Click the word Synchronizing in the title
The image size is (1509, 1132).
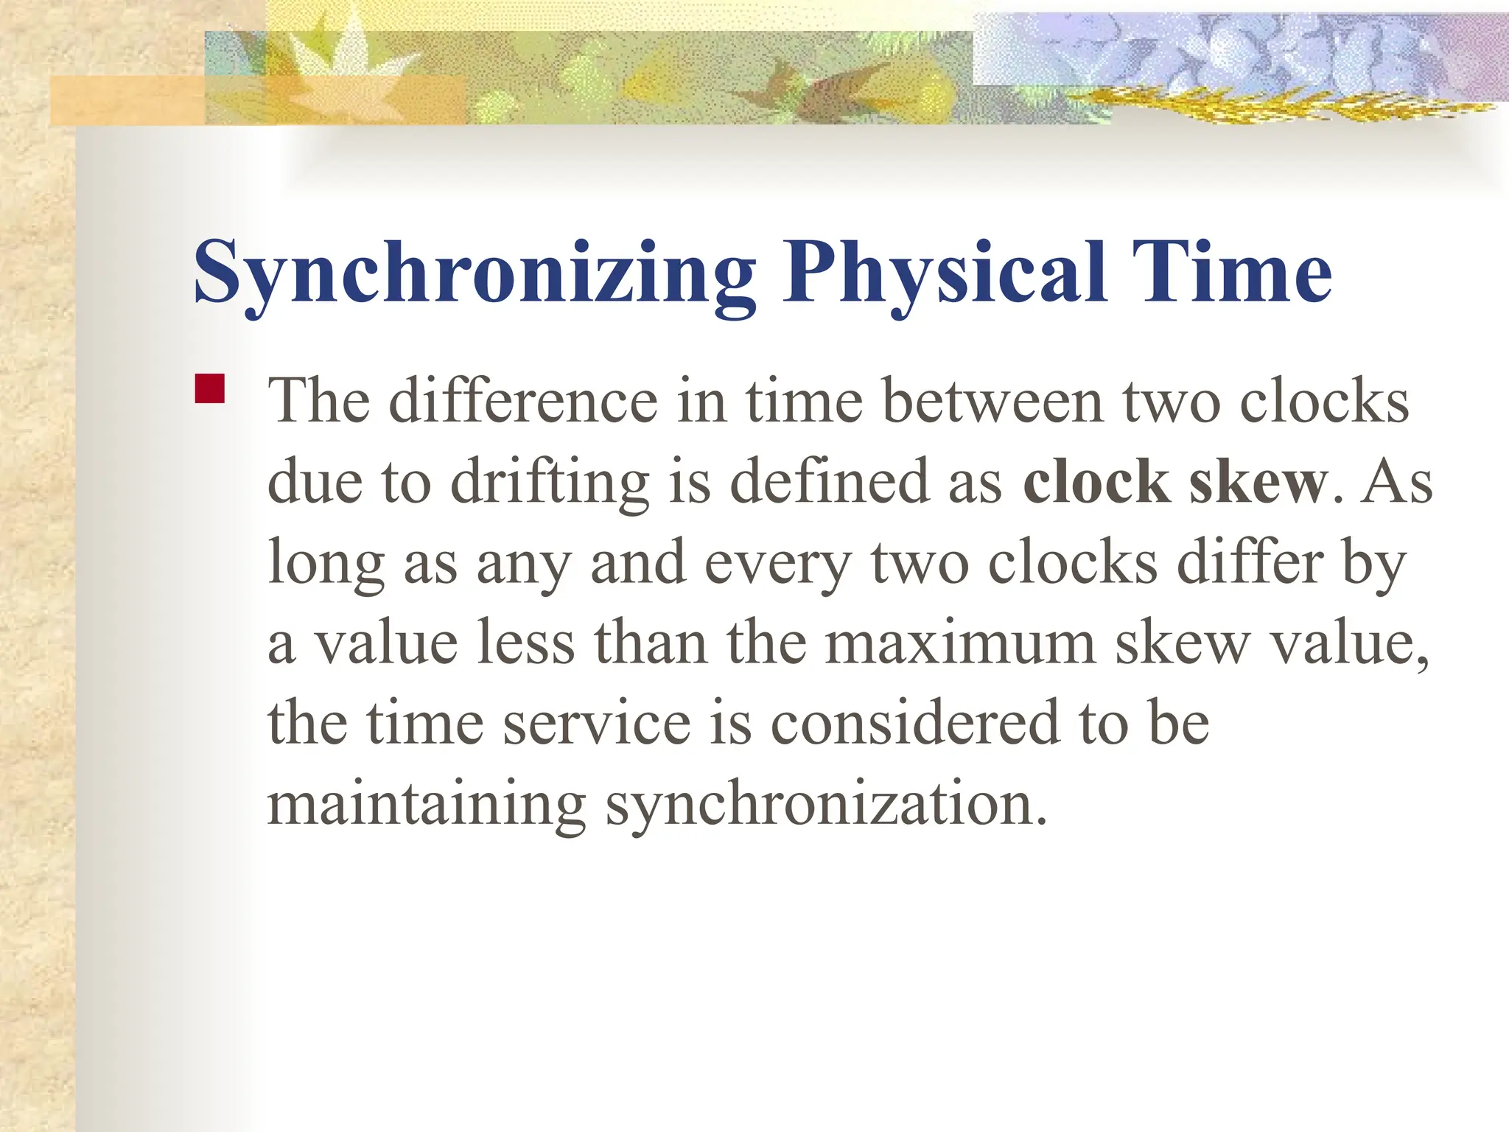[475, 274]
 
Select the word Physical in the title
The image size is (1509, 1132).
[945, 274]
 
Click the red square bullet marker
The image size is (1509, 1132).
[210, 388]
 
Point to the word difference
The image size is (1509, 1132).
[523, 402]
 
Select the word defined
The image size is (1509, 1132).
[830, 482]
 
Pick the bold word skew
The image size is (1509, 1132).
[1257, 482]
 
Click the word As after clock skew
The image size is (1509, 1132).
[1396, 482]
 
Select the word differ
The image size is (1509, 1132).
[1250, 562]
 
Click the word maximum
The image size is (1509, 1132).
[960, 643]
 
